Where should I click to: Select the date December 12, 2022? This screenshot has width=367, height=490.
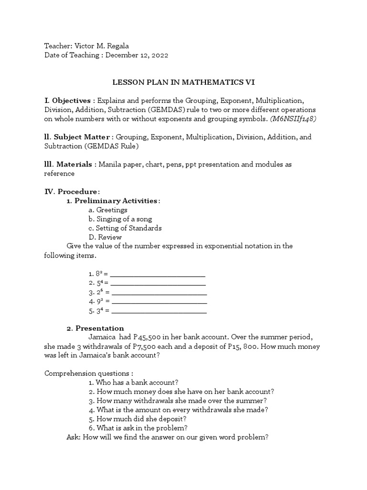pos(137,55)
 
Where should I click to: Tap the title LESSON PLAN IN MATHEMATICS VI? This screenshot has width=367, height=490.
pos(183,82)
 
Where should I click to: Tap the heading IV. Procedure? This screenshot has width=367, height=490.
pos(72,191)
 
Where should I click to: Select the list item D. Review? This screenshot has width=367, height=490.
pos(105,237)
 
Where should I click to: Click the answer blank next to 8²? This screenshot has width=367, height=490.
pos(158,275)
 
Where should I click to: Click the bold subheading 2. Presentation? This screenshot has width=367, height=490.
pos(95,328)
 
